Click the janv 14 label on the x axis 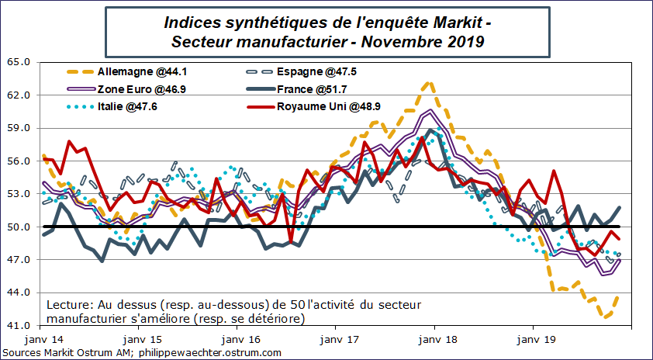tap(43, 340)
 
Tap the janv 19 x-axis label tap(534, 340)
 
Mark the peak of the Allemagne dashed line tap(427, 81)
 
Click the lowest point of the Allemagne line tap(607, 317)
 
